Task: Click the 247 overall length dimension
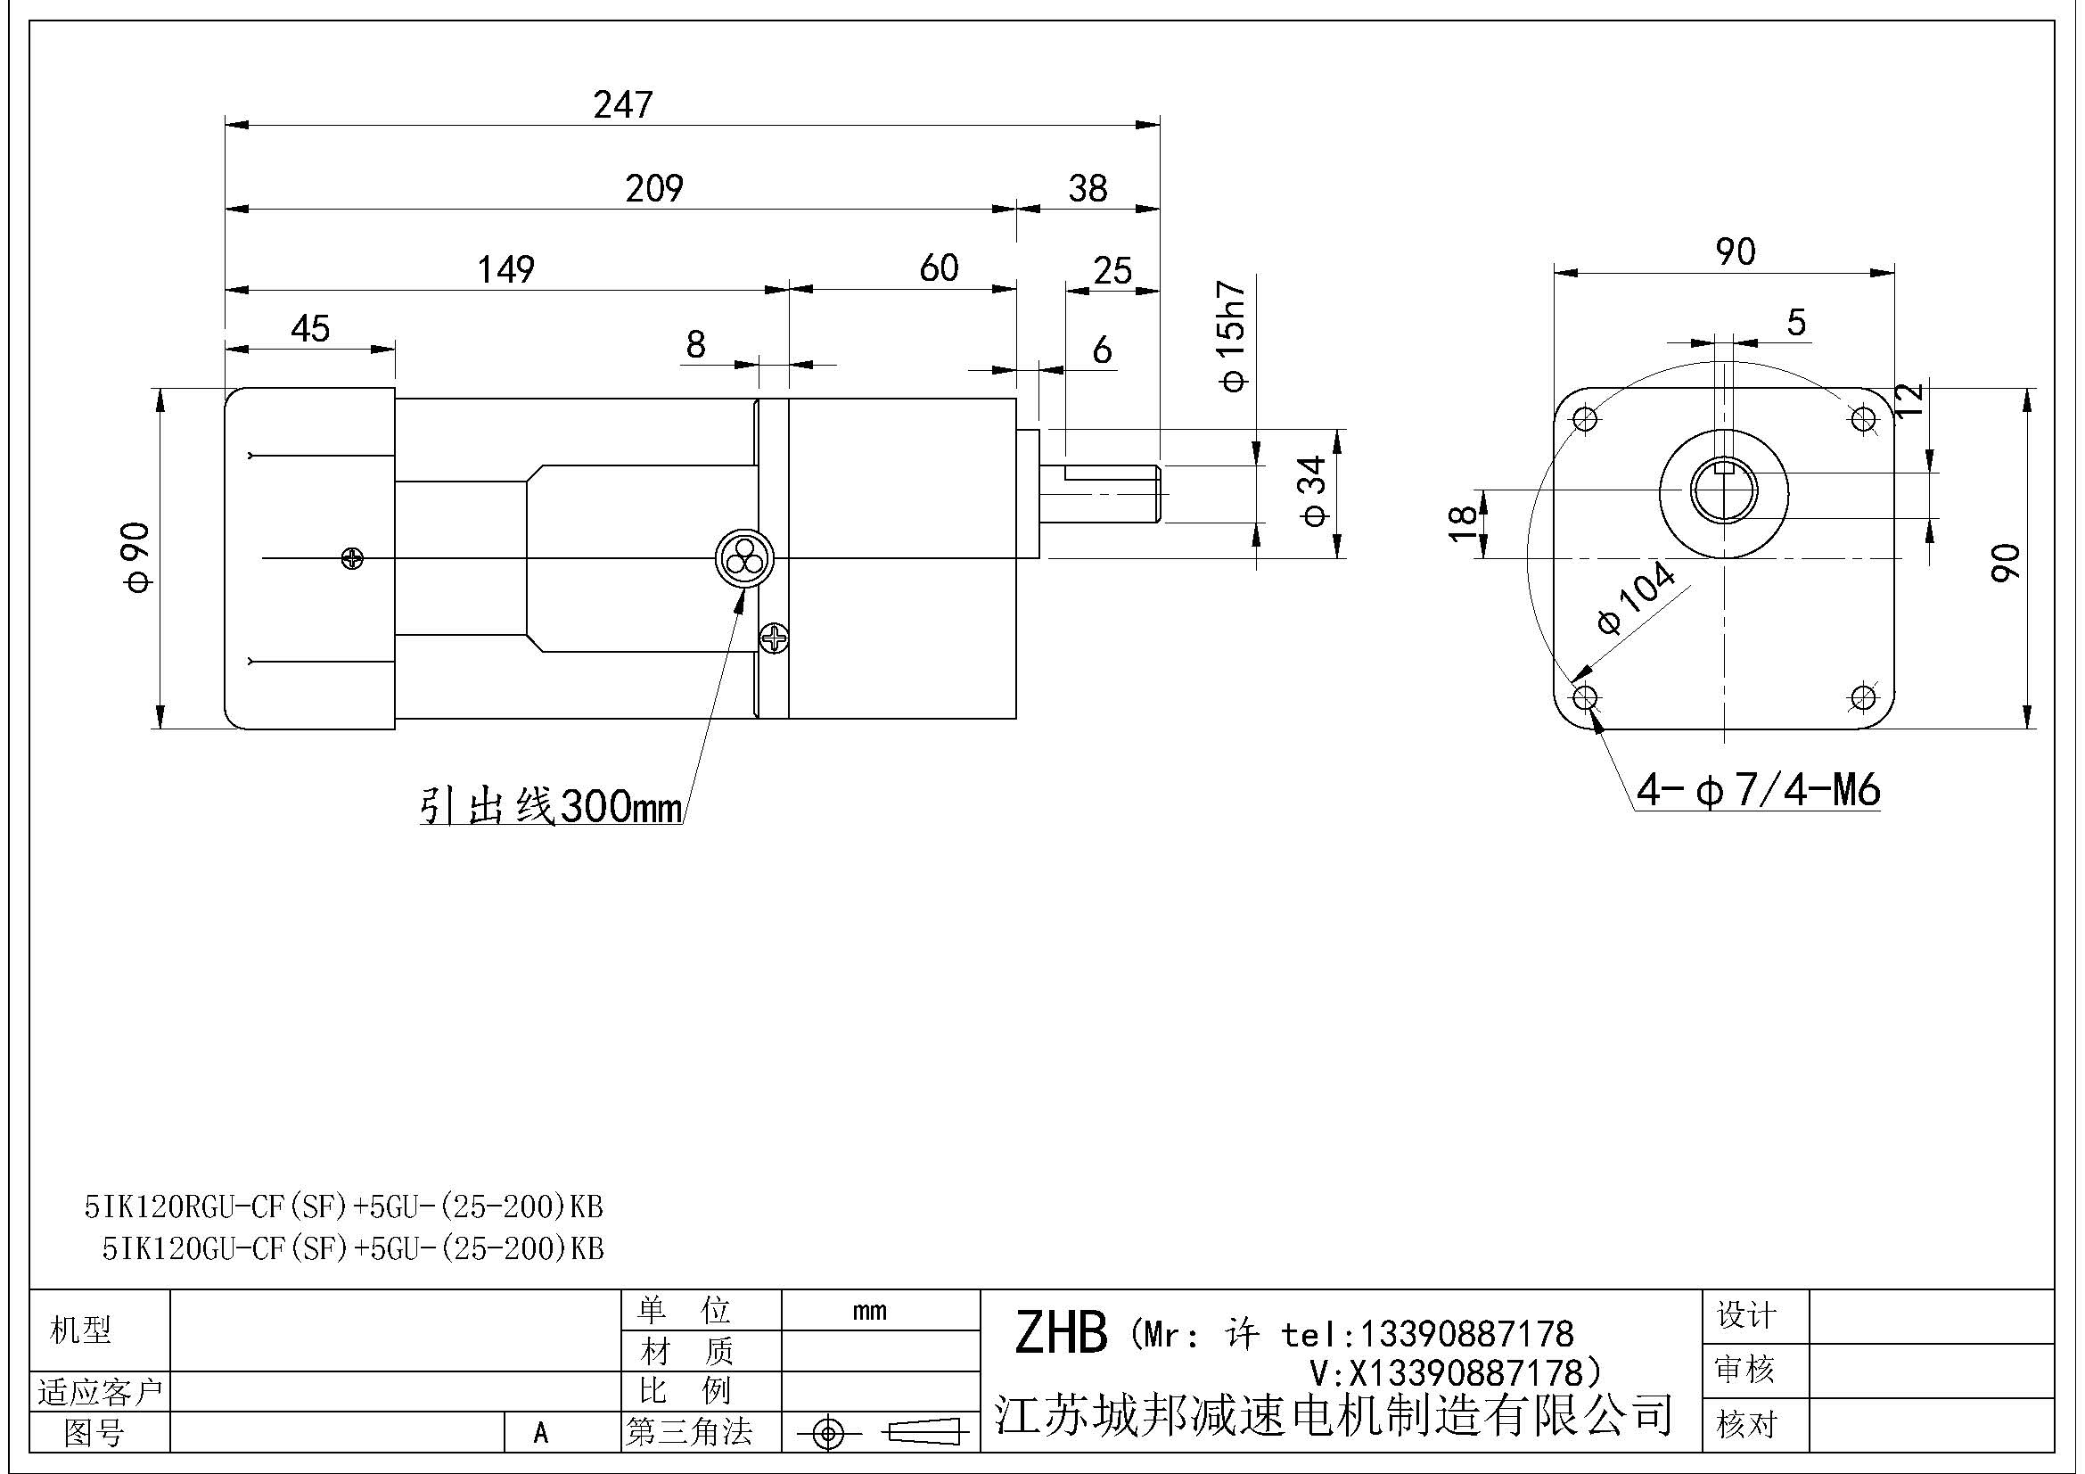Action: click(623, 104)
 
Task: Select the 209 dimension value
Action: click(653, 188)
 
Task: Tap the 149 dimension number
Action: click(505, 268)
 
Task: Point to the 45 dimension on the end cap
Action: click(310, 329)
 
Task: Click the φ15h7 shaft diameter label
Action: click(1232, 335)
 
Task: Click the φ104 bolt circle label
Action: click(1636, 597)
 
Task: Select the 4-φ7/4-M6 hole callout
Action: click(1758, 790)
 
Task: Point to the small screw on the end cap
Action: click(352, 558)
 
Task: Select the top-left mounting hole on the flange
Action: click(1586, 420)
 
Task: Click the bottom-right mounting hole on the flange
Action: click(1862, 697)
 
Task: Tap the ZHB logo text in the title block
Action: click(1061, 1333)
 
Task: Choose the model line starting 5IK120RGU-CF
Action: click(344, 1206)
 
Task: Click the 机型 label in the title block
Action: click(81, 1330)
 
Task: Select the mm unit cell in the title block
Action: click(869, 1311)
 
